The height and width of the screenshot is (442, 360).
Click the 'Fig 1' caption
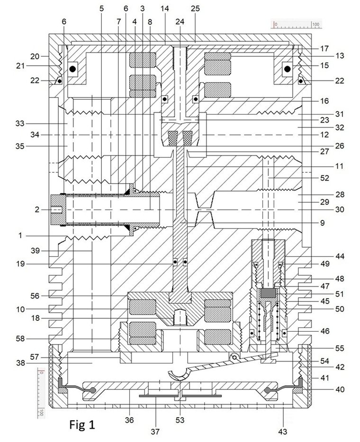coord(82,424)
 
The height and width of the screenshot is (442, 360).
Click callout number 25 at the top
coord(195,9)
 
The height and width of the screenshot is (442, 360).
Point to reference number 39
coord(35,251)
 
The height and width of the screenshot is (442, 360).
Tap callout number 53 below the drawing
coord(180,420)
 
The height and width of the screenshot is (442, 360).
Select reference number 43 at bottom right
coord(283,431)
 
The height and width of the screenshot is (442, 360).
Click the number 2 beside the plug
coord(37,210)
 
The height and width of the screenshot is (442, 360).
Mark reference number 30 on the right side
coord(340,210)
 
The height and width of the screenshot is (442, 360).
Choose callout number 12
coord(324,135)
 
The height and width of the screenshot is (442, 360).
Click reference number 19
coord(20,264)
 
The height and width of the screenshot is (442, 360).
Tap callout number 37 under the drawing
coord(155,431)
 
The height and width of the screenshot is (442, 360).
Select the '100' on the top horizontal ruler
coord(315,24)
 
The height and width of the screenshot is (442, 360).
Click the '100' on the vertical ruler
coord(41,412)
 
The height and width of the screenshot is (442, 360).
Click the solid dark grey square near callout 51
coord(268,293)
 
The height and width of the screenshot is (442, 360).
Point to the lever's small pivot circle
coord(234,358)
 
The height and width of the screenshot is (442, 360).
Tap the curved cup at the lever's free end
coord(178,375)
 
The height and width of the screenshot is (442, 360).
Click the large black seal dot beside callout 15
coord(288,69)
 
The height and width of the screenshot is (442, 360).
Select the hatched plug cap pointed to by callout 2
coord(58,210)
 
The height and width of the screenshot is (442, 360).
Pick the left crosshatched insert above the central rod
coord(173,138)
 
